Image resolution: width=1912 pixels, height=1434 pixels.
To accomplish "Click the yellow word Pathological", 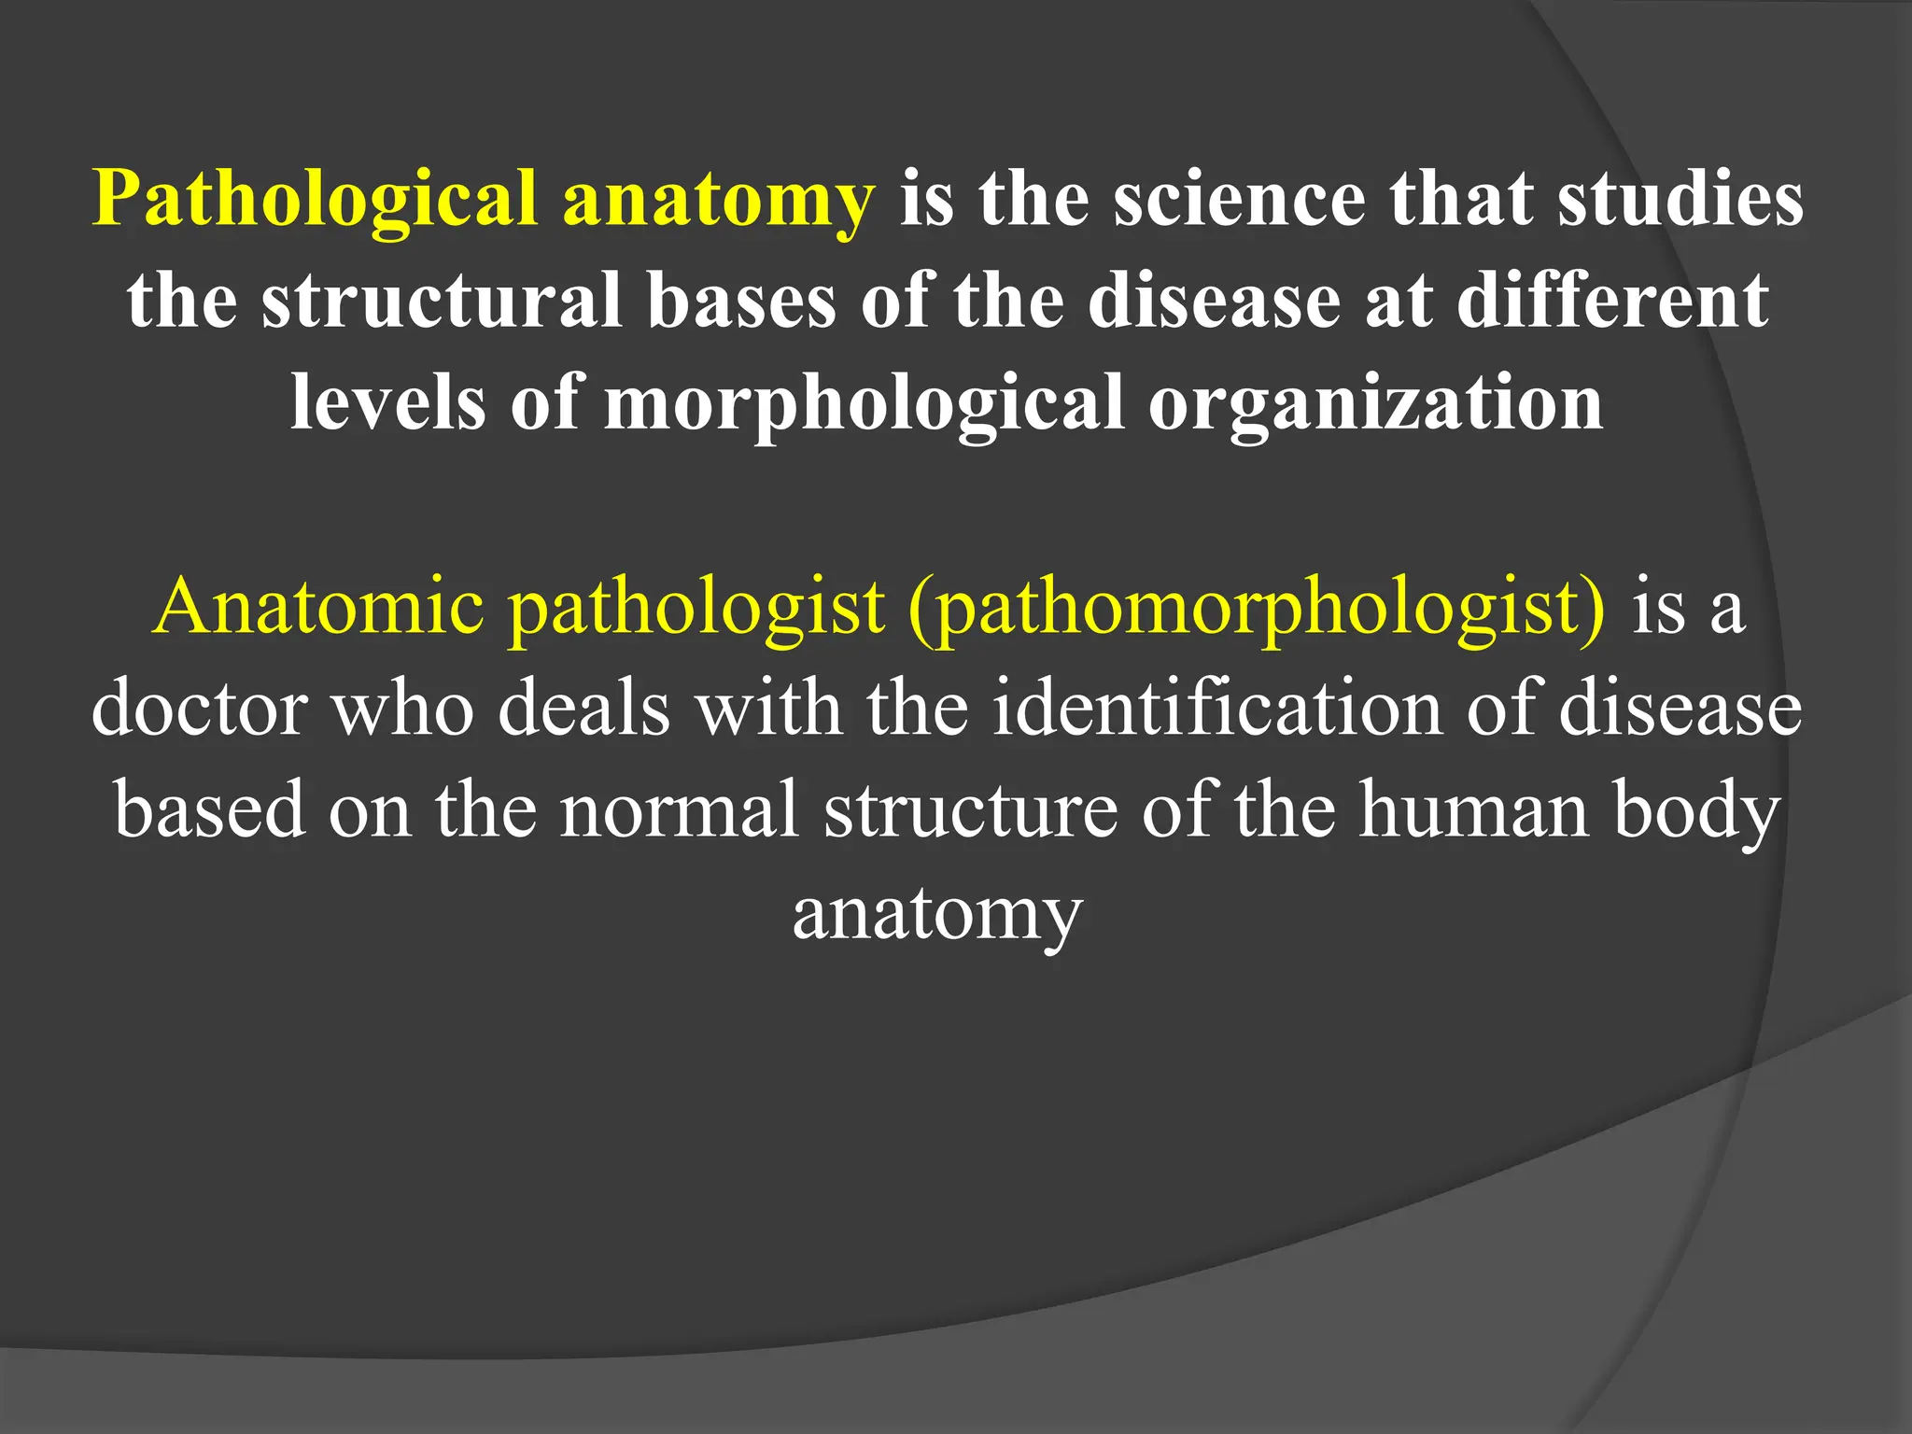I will pyautogui.click(x=316, y=200).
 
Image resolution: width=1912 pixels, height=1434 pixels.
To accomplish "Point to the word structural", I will pyautogui.click(x=442, y=301).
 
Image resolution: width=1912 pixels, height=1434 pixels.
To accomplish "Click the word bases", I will pyautogui.click(x=741, y=301).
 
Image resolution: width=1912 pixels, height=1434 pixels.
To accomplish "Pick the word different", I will pyautogui.click(x=1612, y=301).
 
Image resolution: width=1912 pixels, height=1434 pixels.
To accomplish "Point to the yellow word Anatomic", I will pyautogui.click(x=319, y=607).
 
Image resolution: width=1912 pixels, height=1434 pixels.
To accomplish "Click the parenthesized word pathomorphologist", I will pyautogui.click(x=1257, y=607).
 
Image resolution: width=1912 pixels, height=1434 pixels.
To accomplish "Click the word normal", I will pyautogui.click(x=680, y=809).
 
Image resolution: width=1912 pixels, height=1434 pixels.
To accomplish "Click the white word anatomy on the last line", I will pyautogui.click(x=937, y=912).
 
